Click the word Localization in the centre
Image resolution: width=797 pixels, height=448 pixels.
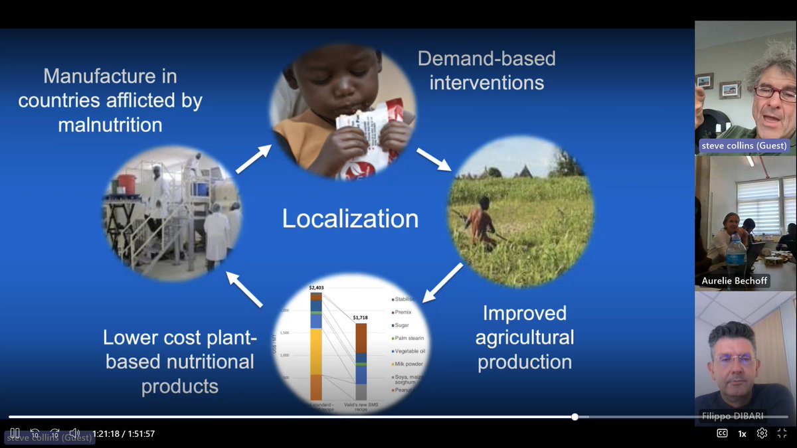[350, 218]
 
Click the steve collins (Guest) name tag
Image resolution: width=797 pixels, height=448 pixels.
[743, 146]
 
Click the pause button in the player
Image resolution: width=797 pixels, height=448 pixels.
[15, 433]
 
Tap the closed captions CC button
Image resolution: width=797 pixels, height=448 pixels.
[722, 433]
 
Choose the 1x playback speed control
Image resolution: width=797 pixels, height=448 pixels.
[742, 433]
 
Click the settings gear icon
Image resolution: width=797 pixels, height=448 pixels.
[762, 433]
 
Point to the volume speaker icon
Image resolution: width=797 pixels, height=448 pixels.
[74, 433]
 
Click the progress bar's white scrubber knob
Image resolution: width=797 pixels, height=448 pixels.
[575, 417]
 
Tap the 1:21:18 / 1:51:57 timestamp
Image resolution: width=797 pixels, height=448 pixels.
[124, 433]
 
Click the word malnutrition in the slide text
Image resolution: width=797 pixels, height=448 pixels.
[110, 124]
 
